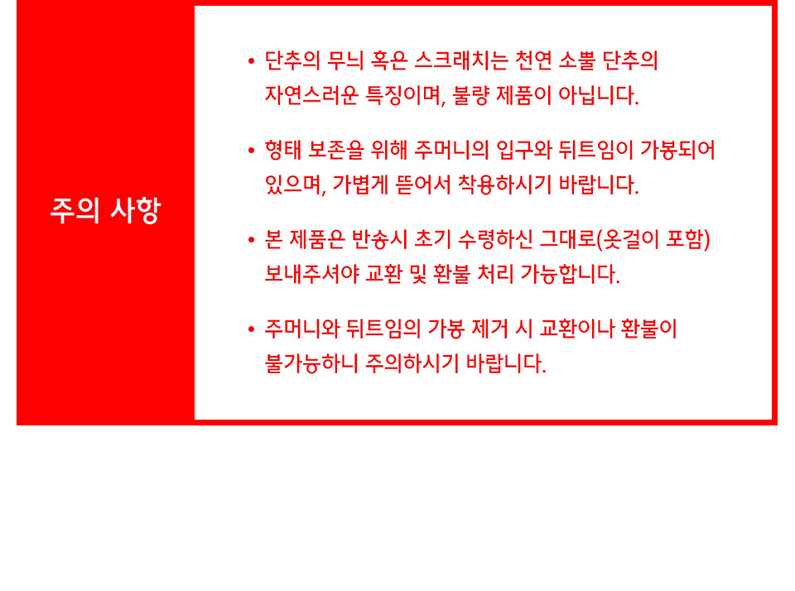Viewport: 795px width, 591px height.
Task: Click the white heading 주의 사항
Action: point(105,210)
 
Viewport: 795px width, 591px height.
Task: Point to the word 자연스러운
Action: point(312,95)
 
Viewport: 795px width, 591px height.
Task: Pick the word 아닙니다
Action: point(598,95)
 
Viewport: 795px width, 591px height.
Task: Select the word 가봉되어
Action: point(677,150)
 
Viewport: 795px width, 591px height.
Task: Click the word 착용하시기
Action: point(504,185)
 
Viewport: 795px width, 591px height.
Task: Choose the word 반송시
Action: point(380,239)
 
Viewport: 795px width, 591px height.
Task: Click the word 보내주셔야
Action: point(312,274)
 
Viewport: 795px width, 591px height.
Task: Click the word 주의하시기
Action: point(412,363)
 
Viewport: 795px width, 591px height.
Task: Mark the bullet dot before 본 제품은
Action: point(251,240)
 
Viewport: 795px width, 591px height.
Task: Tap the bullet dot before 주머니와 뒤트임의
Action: point(251,329)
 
